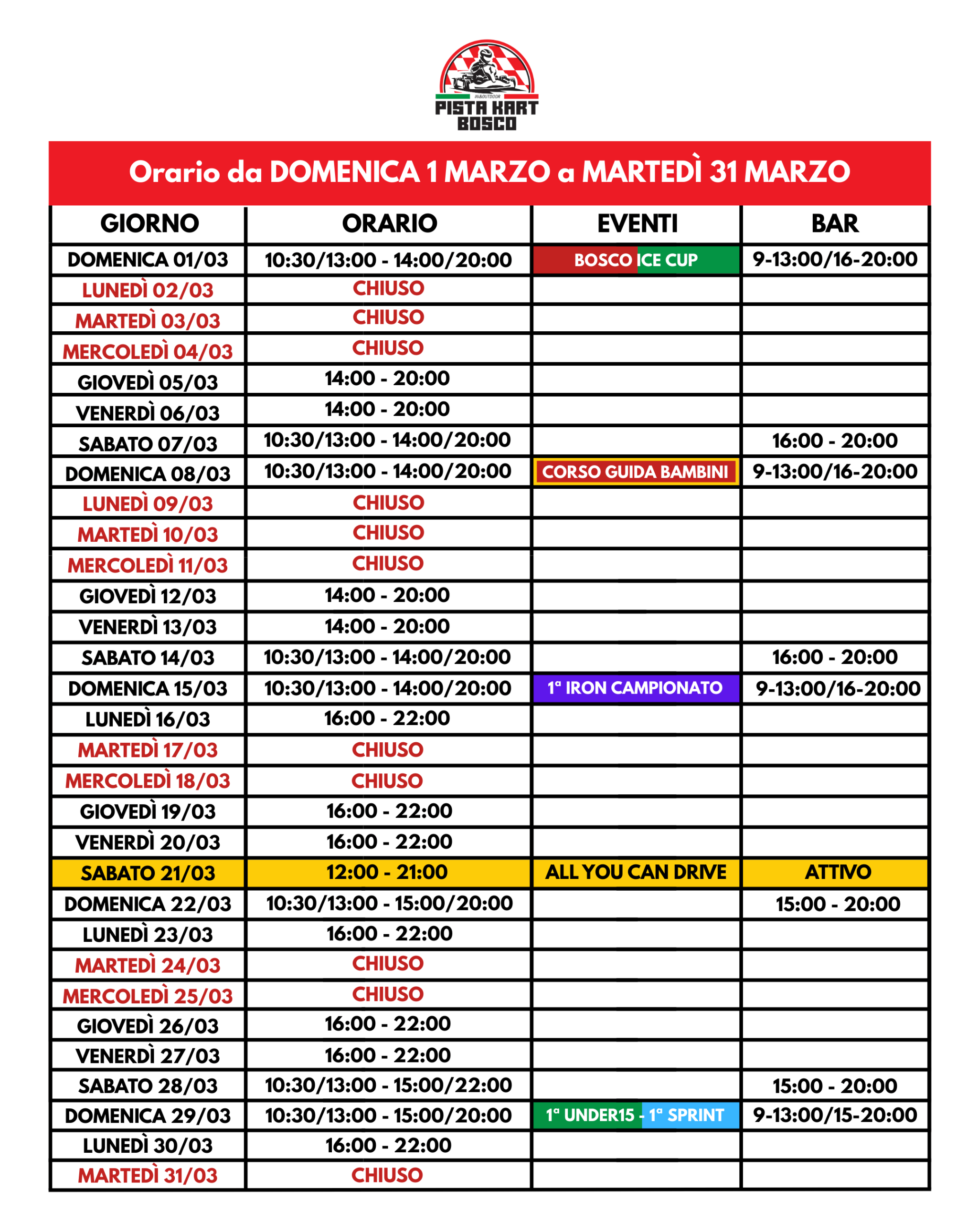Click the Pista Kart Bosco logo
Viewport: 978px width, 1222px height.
pyautogui.click(x=487, y=85)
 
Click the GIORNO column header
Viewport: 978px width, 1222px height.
pyautogui.click(x=149, y=223)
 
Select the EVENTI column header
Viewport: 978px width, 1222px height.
pyautogui.click(x=637, y=223)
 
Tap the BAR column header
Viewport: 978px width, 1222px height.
pyautogui.click(x=835, y=223)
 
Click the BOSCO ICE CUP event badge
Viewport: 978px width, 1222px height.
pyautogui.click(x=636, y=260)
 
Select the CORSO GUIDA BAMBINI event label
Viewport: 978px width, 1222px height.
pyautogui.click(x=635, y=472)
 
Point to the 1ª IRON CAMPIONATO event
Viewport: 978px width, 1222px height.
pyautogui.click(x=635, y=688)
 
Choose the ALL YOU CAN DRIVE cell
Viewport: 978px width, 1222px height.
pyautogui.click(x=636, y=872)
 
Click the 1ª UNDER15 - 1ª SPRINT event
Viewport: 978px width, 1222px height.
pyautogui.click(x=635, y=1116)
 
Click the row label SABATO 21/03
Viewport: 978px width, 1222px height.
pyautogui.click(x=148, y=873)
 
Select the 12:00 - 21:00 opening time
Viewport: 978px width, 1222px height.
pyautogui.click(x=387, y=872)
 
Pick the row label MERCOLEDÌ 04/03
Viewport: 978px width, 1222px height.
pyautogui.click(x=148, y=352)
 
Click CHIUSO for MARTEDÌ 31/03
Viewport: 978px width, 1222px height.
pyautogui.click(x=387, y=1175)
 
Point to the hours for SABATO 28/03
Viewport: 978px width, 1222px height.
pyautogui.click(x=388, y=1085)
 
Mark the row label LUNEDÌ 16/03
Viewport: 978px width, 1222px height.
pyautogui.click(x=148, y=719)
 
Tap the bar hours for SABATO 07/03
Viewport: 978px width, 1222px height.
pyautogui.click(x=835, y=441)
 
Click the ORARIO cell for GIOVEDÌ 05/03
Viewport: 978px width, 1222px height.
pyautogui.click(x=387, y=378)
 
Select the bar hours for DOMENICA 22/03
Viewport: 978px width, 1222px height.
pyautogui.click(x=838, y=904)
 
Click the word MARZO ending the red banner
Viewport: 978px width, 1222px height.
pyautogui.click(x=797, y=172)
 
